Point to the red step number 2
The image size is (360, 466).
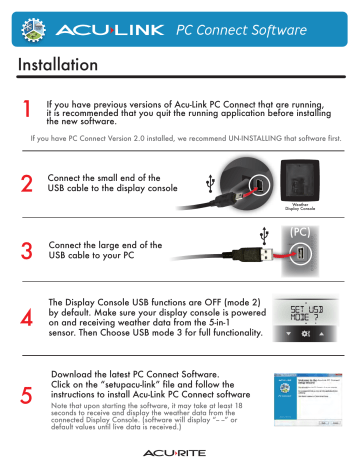pyautogui.click(x=27, y=185)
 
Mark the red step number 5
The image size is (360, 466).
pyautogui.click(x=27, y=395)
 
